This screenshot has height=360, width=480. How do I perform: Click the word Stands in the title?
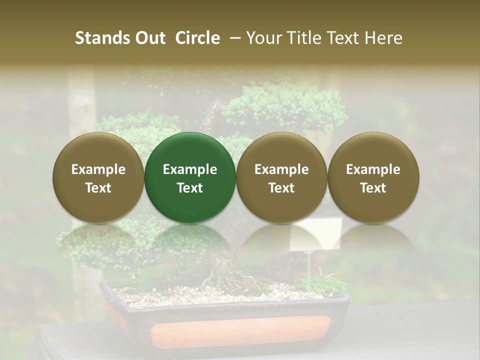click(102, 38)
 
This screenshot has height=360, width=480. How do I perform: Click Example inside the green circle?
click(190, 169)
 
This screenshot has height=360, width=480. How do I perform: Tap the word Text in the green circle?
click(190, 188)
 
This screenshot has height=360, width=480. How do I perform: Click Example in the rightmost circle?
click(373, 169)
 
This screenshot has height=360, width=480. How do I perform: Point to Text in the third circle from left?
click(281, 188)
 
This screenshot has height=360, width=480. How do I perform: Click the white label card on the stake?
click(316, 233)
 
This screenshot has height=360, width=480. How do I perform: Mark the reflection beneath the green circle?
click(190, 237)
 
